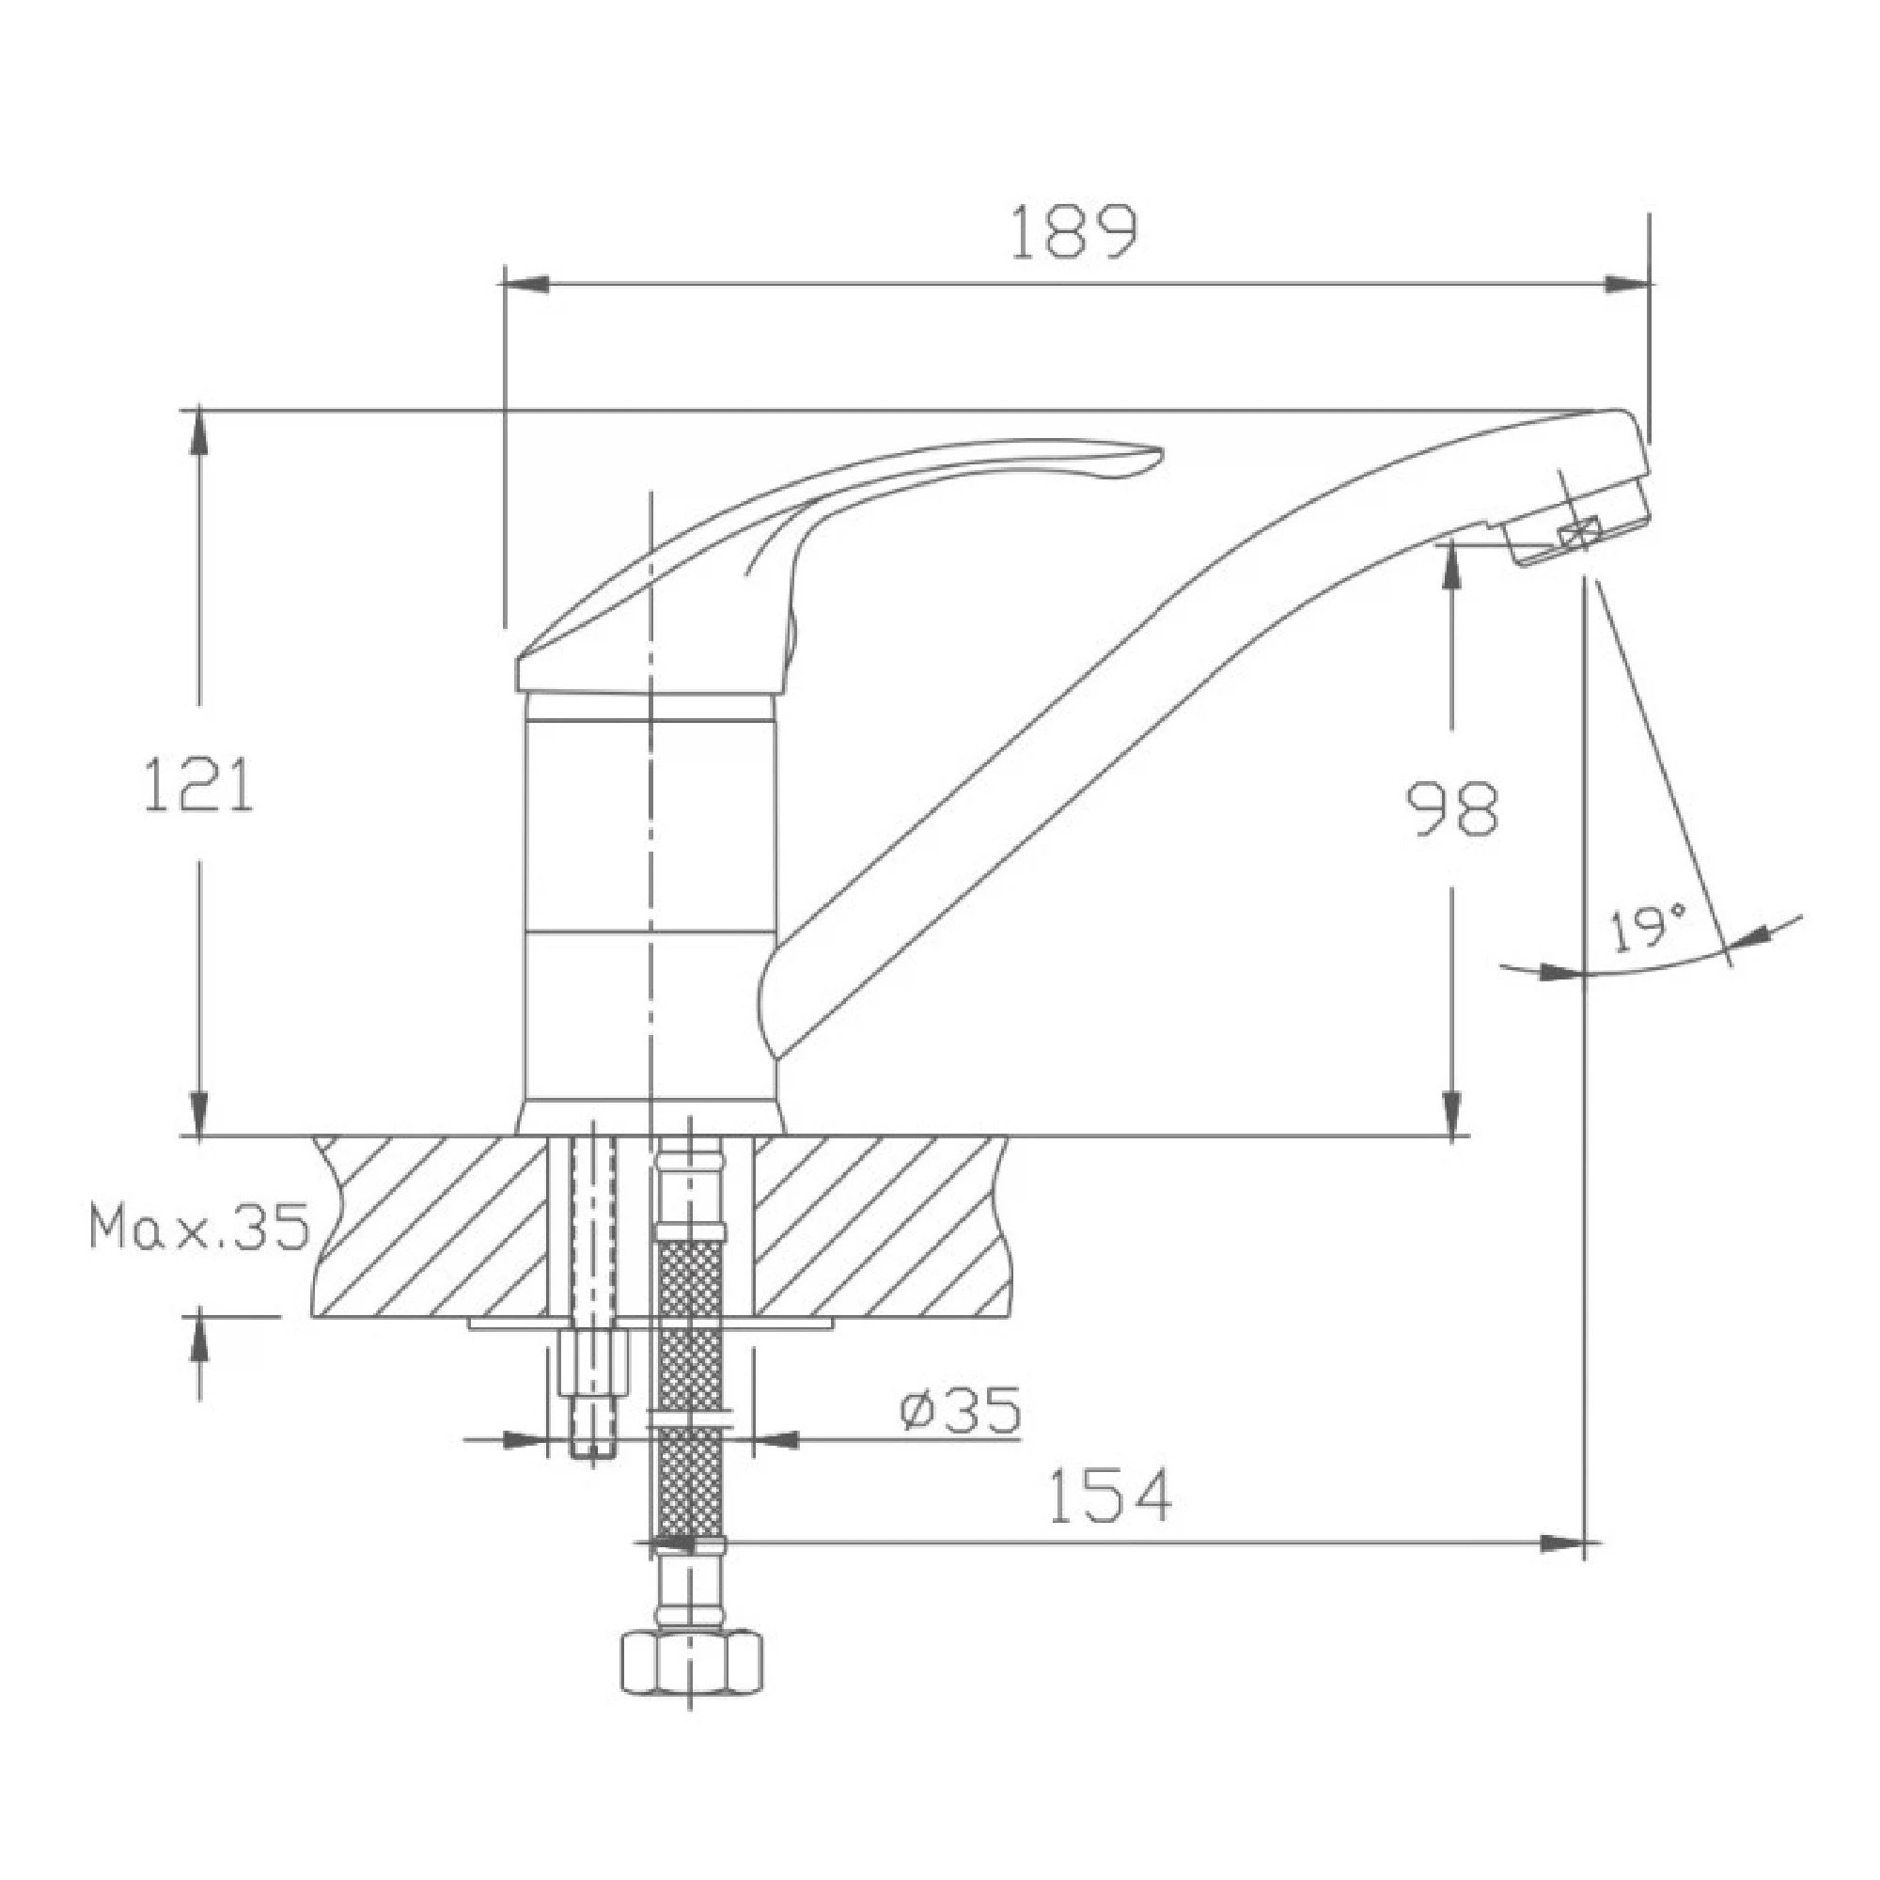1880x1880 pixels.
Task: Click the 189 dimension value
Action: [x=1073, y=232]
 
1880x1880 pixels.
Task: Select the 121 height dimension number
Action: [x=198, y=784]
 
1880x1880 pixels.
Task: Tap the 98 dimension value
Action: [x=1453, y=808]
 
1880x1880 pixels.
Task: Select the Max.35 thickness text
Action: [x=198, y=1226]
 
